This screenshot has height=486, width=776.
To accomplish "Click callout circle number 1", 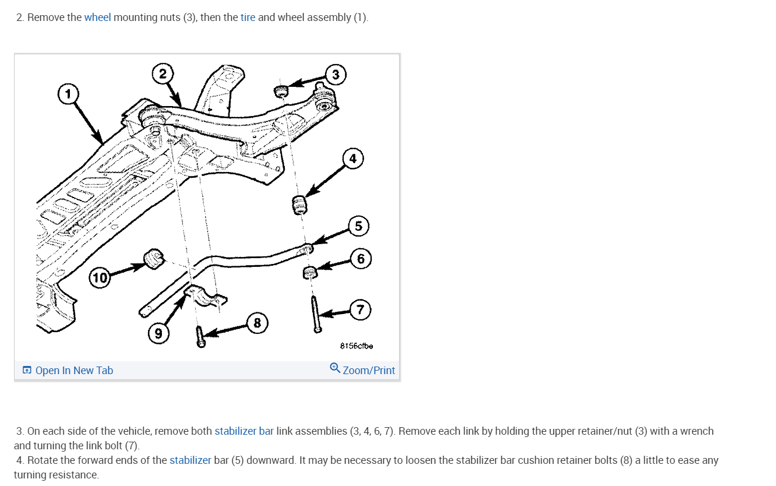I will tap(68, 93).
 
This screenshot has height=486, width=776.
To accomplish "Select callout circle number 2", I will tap(163, 74).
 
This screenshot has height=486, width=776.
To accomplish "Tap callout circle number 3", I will tap(335, 75).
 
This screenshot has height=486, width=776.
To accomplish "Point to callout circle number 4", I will tap(352, 159).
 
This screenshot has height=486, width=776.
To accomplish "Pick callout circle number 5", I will tap(358, 226).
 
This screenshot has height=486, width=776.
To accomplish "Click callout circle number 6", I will tap(361, 258).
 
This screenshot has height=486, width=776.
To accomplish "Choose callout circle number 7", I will tap(361, 309).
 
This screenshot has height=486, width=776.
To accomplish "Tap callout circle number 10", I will tap(100, 277).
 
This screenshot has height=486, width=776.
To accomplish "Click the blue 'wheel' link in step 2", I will tap(97, 17).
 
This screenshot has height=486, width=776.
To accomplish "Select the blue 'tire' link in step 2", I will tap(248, 17).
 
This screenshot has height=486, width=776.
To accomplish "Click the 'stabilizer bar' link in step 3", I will tap(244, 431).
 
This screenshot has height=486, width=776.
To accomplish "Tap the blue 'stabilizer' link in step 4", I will tap(191, 460).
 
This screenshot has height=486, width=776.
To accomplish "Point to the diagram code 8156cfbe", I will tap(357, 346).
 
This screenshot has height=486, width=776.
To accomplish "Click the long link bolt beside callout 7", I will tap(315, 314).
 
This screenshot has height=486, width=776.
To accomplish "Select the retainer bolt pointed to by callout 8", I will tap(200, 337).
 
